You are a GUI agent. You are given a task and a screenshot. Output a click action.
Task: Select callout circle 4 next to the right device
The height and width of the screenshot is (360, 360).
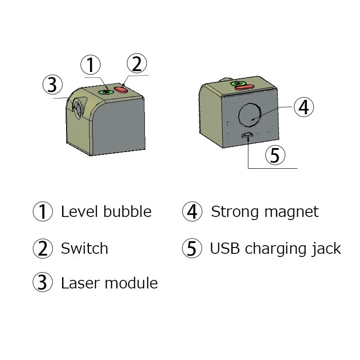point(303,107)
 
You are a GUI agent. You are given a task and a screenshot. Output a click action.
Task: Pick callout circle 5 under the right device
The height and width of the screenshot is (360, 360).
point(275,155)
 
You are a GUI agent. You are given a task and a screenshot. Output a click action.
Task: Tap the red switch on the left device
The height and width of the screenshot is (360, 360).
point(122,90)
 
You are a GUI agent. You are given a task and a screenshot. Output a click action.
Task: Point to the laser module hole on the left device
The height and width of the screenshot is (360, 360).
point(77,109)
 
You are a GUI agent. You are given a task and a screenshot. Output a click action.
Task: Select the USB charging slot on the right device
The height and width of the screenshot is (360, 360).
point(247,135)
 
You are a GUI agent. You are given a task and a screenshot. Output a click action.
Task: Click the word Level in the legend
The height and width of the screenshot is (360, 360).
point(77,211)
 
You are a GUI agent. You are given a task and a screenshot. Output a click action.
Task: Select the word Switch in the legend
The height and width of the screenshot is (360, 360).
point(84,248)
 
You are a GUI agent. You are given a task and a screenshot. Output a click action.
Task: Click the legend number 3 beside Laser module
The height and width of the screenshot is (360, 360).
point(43,283)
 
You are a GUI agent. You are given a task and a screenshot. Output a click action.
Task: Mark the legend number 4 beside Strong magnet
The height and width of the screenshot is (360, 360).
point(192,211)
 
